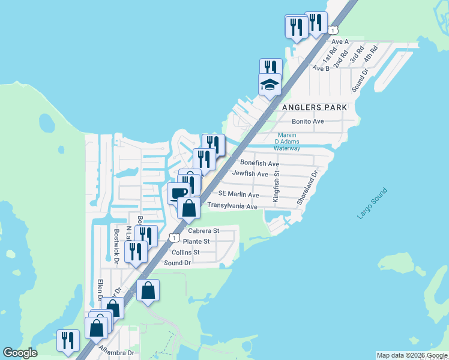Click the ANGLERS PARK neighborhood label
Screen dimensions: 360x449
click(x=314, y=107)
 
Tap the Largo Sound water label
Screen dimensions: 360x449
click(x=372, y=204)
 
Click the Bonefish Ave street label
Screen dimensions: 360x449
click(x=259, y=163)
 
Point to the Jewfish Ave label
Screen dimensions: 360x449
click(x=250, y=174)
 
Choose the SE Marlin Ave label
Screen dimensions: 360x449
click(x=238, y=194)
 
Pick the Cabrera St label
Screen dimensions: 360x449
click(x=203, y=230)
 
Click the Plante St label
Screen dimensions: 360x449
click(x=196, y=241)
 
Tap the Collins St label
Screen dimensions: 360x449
click(x=185, y=253)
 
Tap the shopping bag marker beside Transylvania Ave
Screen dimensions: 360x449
click(x=188, y=208)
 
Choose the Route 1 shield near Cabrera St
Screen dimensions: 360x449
click(x=173, y=238)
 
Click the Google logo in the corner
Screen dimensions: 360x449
click(x=20, y=353)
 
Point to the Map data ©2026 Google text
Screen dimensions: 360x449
click(x=411, y=355)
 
